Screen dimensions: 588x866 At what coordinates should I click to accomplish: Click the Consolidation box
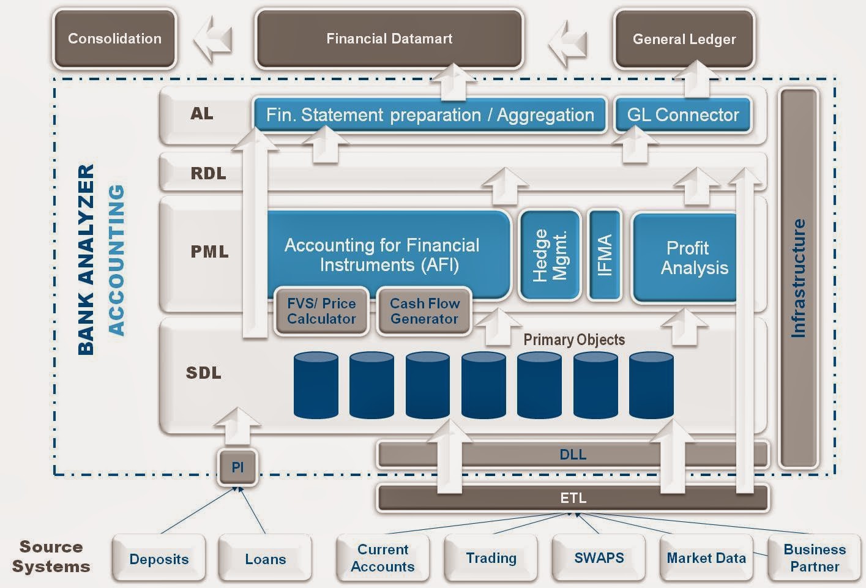[x=114, y=39]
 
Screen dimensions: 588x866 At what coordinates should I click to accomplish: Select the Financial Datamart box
[x=389, y=39]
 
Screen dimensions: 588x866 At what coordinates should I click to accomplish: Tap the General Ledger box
[x=684, y=39]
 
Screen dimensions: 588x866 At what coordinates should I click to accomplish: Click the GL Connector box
[x=683, y=114]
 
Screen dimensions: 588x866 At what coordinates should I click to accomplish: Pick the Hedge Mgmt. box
[x=549, y=255]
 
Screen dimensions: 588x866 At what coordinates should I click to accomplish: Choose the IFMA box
[x=604, y=255]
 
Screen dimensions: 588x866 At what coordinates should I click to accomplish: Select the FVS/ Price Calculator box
[x=321, y=311]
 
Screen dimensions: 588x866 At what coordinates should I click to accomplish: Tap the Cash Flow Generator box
[x=424, y=311]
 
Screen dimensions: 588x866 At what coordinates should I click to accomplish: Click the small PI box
[x=237, y=467]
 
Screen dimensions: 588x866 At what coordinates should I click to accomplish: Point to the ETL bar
[x=572, y=498]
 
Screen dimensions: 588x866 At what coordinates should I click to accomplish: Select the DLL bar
[x=572, y=455]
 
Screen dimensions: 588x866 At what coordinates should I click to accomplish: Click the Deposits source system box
[x=159, y=559]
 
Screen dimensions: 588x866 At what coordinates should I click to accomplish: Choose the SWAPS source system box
[x=599, y=557]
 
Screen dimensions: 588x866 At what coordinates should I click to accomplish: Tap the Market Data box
[x=706, y=557]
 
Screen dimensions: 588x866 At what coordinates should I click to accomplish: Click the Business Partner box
[x=814, y=557]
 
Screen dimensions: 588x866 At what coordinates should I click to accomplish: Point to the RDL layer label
[x=208, y=173]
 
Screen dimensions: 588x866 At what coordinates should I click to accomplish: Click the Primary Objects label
[x=574, y=340]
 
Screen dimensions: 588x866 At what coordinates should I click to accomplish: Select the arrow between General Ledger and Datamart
[x=569, y=42]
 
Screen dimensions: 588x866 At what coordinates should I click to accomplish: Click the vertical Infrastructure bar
[x=798, y=278]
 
